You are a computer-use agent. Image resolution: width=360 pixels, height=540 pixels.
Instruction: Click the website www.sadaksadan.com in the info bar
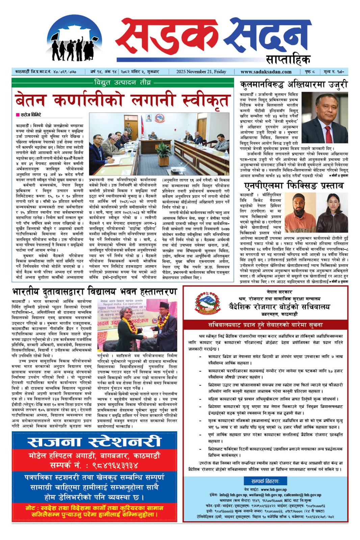(x=266, y=72)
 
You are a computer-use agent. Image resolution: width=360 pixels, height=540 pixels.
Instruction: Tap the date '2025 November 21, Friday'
(x=201, y=72)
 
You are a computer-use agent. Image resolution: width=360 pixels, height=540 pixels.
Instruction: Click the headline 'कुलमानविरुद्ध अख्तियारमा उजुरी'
(x=293, y=85)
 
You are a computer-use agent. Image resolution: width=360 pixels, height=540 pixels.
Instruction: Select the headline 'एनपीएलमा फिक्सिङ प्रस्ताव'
(x=293, y=186)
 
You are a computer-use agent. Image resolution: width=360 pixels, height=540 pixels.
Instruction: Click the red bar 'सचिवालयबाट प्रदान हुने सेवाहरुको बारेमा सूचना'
(x=265, y=325)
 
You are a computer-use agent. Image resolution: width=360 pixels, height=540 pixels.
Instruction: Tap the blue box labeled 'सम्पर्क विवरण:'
(x=265, y=481)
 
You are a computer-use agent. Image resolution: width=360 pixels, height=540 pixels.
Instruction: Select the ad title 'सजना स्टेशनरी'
(x=94, y=441)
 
